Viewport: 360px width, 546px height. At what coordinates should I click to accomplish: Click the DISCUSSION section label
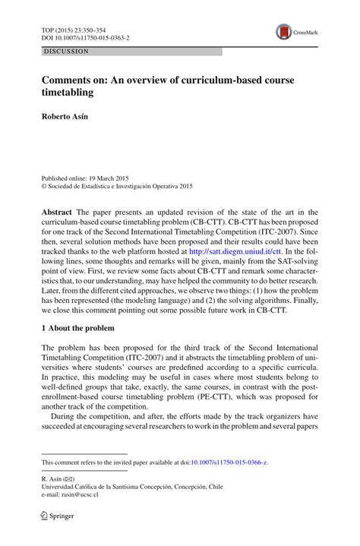click(x=66, y=52)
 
